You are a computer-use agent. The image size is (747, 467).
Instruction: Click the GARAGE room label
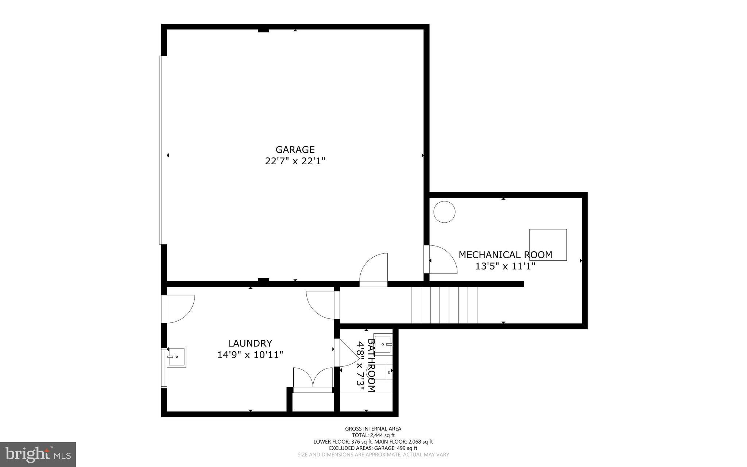click(x=295, y=149)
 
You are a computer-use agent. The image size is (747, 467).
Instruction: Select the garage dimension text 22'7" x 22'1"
click(x=295, y=161)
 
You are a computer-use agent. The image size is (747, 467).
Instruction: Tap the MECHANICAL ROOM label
click(x=505, y=255)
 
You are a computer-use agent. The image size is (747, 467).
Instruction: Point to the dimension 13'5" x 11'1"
click(x=505, y=266)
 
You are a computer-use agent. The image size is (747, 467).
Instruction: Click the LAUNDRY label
click(x=250, y=343)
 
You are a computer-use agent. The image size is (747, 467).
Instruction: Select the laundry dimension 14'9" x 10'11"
click(x=250, y=355)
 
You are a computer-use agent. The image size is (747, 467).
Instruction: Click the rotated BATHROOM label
click(x=371, y=365)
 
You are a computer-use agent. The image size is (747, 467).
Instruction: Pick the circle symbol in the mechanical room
click(x=444, y=212)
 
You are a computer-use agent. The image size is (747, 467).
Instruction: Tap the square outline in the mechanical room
click(x=548, y=245)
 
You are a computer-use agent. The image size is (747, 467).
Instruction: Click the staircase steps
click(x=444, y=305)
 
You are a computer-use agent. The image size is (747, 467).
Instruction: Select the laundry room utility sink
click(x=177, y=356)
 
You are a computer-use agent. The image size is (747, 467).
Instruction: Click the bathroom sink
click(x=383, y=344)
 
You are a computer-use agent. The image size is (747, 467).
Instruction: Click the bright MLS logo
click(x=38, y=455)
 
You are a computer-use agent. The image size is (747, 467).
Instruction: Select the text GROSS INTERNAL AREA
click(x=373, y=429)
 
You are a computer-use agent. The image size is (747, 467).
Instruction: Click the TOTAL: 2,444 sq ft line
click(x=373, y=435)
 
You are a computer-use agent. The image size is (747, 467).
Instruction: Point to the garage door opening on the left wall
click(x=160, y=150)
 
